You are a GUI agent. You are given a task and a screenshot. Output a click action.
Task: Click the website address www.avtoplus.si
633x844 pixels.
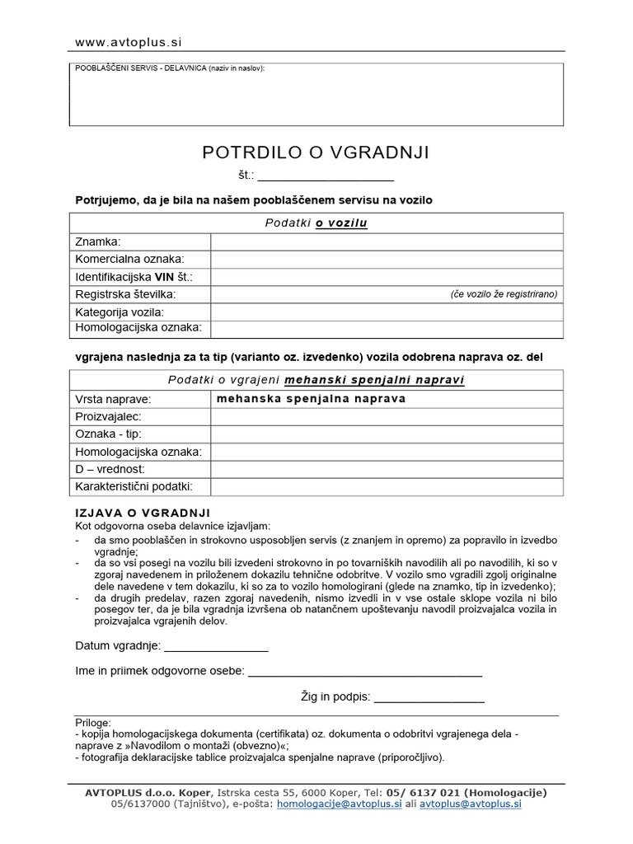(x=129, y=42)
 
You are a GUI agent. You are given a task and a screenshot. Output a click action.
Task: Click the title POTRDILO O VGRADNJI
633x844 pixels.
(x=316, y=152)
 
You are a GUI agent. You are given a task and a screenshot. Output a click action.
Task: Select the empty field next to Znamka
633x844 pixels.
(x=387, y=241)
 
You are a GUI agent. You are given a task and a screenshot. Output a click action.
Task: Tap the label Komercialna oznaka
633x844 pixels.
(x=130, y=259)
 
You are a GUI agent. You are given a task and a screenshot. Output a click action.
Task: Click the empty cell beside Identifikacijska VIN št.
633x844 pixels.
(x=387, y=277)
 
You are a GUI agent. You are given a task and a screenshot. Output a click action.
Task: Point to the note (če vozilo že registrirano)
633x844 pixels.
(x=504, y=294)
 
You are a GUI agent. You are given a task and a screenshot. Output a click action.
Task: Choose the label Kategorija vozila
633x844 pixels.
(x=120, y=312)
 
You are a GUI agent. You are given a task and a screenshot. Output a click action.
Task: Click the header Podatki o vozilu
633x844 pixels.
(x=316, y=223)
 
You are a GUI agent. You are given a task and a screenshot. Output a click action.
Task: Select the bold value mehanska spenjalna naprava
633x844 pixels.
(x=311, y=399)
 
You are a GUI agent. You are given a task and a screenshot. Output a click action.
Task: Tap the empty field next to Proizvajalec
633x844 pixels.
(x=387, y=417)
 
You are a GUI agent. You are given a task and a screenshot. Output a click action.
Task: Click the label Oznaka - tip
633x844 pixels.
(x=109, y=434)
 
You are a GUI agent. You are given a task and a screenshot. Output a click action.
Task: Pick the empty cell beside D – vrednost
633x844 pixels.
(x=387, y=469)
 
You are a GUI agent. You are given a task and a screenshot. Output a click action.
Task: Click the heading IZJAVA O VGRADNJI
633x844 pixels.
(x=143, y=513)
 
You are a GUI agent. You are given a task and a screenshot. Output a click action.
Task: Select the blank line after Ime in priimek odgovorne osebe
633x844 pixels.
(x=365, y=672)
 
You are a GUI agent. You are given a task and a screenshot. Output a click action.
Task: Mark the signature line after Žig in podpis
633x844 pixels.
(x=429, y=698)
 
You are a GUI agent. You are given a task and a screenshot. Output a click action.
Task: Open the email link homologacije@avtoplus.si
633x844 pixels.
(x=339, y=804)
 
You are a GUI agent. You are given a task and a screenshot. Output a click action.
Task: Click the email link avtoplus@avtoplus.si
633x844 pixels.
(x=471, y=804)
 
